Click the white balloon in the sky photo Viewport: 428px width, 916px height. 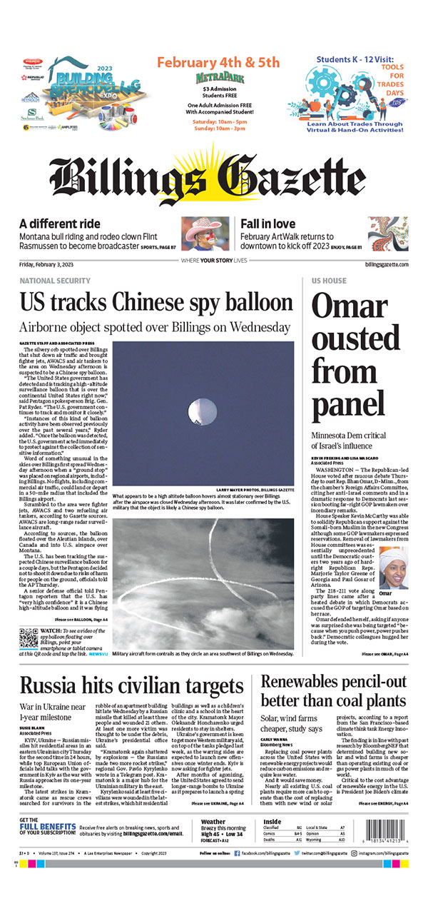tap(198, 410)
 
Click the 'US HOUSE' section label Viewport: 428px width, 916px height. tap(329, 281)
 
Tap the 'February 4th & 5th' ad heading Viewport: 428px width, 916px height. tap(218, 62)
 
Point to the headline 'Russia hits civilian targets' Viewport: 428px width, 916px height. tap(132, 686)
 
